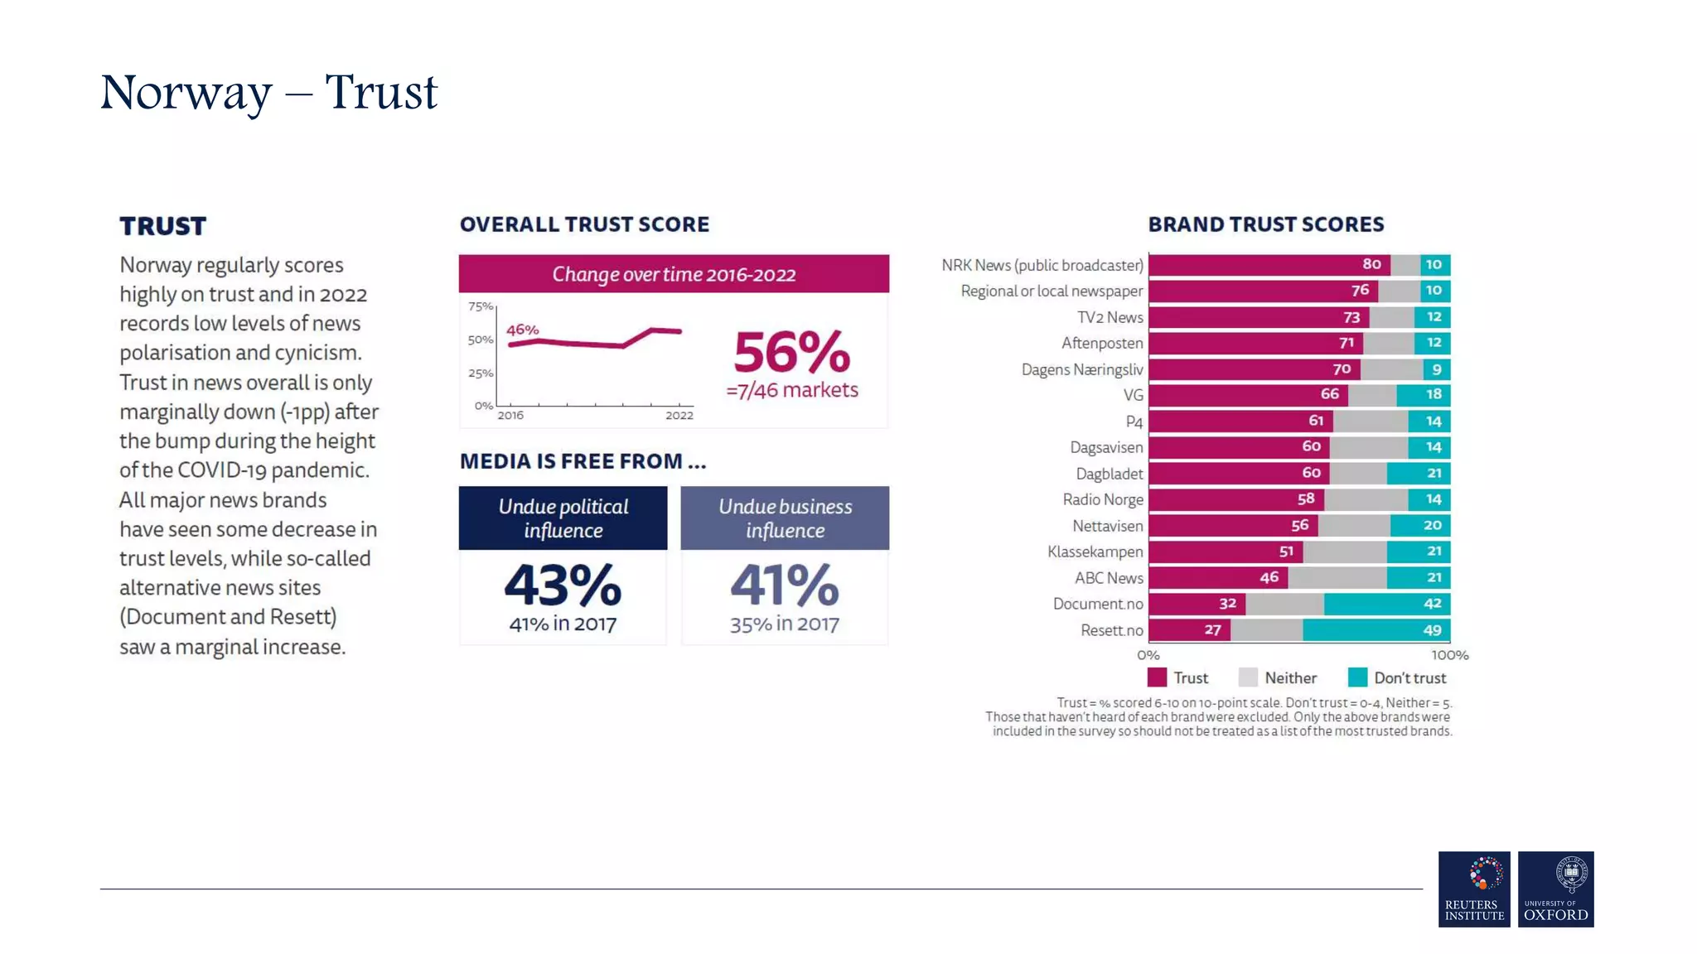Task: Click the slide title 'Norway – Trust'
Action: click(268, 92)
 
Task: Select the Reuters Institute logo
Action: click(1473, 889)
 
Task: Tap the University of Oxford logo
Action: click(1555, 889)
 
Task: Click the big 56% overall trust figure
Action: click(791, 353)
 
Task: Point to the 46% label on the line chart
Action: click(522, 330)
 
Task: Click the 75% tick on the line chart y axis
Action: click(481, 306)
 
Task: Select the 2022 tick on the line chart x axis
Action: click(679, 415)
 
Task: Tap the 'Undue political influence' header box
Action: click(563, 518)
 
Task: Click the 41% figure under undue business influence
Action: click(784, 585)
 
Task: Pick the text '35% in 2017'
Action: click(784, 624)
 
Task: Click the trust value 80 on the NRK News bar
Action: click(1371, 264)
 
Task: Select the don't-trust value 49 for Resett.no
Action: click(1432, 630)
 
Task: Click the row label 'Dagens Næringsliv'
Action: click(1081, 369)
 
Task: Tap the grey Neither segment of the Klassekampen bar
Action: click(1344, 552)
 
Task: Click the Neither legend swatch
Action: click(1248, 677)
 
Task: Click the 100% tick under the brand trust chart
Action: click(1449, 655)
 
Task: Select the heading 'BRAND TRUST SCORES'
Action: click(1265, 224)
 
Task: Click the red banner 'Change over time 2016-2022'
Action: click(674, 274)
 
